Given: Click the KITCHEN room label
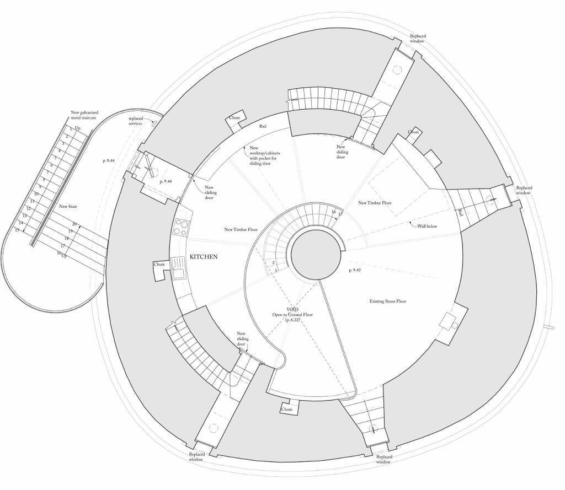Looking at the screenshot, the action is click(204, 257).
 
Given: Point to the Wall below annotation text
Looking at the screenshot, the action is click(427, 225).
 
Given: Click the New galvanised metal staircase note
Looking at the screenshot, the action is click(84, 115).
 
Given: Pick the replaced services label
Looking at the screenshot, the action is click(135, 121).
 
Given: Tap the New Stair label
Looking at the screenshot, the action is click(68, 207).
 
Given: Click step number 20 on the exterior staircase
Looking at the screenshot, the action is click(74, 224).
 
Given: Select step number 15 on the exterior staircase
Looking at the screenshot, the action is click(17, 229).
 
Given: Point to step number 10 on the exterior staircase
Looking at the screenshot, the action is click(36, 194).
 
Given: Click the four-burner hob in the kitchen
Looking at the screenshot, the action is click(181, 227).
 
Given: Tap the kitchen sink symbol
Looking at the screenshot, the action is click(178, 268).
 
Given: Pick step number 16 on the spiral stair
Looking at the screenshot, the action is click(333, 212).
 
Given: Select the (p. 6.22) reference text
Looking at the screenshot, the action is click(292, 320).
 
